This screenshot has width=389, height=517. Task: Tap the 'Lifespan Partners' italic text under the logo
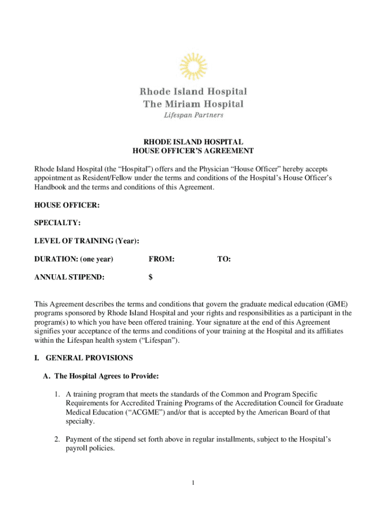tap(193, 115)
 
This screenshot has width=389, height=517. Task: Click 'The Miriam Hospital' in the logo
tap(193, 104)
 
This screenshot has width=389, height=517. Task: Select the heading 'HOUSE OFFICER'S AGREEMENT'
tap(193, 151)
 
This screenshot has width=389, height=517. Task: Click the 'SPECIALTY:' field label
tap(58, 223)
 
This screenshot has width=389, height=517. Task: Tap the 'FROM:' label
tap(162, 259)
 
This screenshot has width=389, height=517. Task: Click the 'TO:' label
tap(224, 259)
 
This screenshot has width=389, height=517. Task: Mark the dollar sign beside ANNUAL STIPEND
tap(151, 277)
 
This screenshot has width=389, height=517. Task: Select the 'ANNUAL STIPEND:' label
tap(70, 277)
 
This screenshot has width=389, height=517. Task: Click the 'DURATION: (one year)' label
tap(74, 259)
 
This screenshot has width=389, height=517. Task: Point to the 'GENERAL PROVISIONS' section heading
tap(89, 358)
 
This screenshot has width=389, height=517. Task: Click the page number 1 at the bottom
tap(193, 483)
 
